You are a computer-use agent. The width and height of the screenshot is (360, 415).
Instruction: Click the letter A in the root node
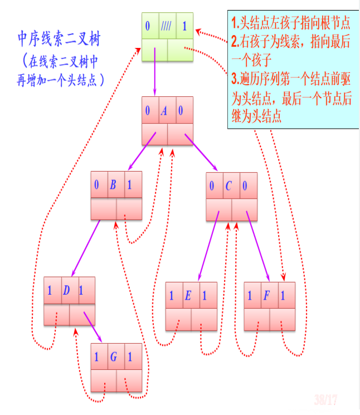(x=164, y=111)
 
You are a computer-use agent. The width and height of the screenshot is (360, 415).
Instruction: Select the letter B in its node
(x=113, y=185)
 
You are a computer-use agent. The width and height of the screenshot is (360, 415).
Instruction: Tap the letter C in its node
(x=228, y=185)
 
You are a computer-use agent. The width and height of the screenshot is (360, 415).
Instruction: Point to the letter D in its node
(x=66, y=291)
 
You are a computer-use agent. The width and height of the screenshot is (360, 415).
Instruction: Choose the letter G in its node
(x=113, y=357)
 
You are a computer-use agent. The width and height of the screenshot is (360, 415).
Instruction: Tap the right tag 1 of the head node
(x=184, y=26)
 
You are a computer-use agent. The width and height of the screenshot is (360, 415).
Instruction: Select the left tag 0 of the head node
(x=148, y=26)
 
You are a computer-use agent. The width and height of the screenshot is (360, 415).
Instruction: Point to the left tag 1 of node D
(x=50, y=291)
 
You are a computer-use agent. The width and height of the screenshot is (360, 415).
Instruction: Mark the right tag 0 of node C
(x=245, y=185)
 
